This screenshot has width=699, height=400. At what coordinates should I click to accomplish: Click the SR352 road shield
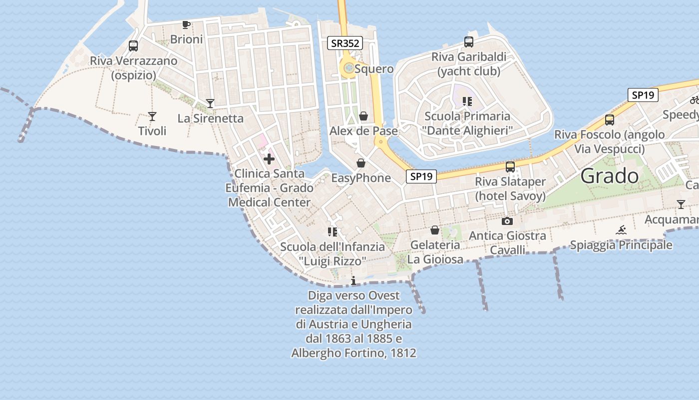coord(345,43)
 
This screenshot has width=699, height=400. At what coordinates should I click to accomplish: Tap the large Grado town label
coord(610,176)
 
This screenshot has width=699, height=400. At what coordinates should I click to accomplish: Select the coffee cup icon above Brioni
coord(186,24)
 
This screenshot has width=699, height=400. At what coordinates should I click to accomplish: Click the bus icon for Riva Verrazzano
coord(133,46)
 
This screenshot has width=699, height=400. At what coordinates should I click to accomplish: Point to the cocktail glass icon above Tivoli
coord(152,116)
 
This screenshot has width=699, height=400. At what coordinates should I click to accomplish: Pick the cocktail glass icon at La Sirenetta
coord(210,103)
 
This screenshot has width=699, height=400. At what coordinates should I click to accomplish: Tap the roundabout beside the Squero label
coord(348,68)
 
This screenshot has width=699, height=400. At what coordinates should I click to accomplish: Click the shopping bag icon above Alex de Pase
coord(363,116)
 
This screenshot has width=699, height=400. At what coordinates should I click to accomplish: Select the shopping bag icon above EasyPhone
coord(361,163)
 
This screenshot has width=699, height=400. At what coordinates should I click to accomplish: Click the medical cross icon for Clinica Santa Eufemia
coord(269,159)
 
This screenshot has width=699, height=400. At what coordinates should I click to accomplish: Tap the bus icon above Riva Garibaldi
coord(468,42)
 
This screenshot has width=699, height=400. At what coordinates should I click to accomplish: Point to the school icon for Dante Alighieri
coord(467,102)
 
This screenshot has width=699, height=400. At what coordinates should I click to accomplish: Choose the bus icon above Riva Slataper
coord(510,167)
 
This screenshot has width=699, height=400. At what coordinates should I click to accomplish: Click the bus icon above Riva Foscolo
coord(609,120)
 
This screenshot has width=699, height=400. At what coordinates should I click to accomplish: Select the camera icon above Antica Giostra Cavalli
coord(507,221)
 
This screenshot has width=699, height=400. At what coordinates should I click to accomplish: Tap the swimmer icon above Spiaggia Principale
coord(621,230)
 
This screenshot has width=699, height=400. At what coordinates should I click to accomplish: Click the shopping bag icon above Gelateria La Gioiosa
coord(435,230)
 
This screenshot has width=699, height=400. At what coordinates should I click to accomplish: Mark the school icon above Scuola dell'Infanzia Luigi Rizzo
coord(333,232)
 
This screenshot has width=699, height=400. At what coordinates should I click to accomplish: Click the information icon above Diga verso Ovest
coord(353,280)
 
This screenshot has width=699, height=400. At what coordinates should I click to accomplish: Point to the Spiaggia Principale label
coord(621,245)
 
